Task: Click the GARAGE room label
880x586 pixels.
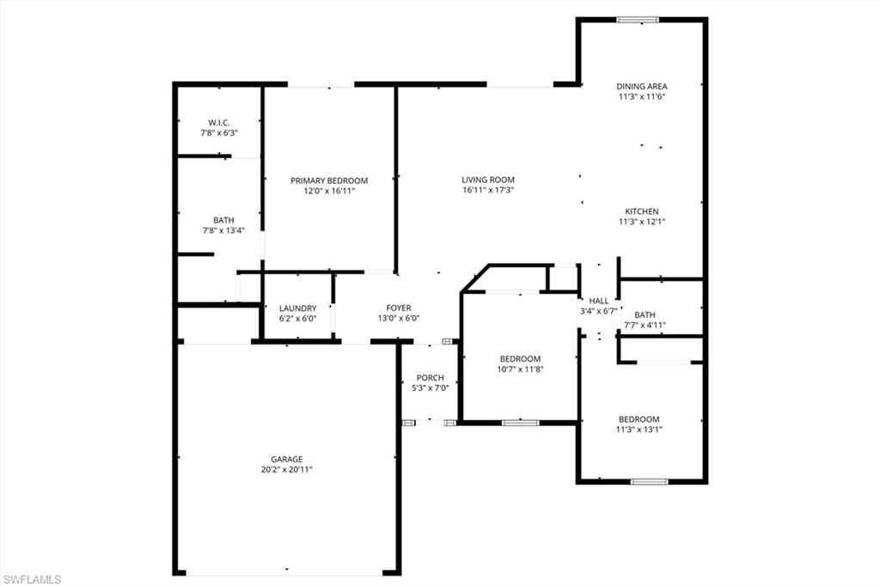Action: coord(288,460)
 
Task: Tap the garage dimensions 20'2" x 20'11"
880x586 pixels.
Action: coord(288,470)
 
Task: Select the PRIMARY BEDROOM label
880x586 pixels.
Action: coord(329,180)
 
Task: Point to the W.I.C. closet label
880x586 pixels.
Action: coord(219,123)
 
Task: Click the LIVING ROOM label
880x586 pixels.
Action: coord(487,180)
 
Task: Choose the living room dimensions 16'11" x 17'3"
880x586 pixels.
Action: coord(487,191)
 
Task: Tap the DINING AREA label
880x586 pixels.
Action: coord(642,86)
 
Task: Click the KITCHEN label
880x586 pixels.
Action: coord(642,211)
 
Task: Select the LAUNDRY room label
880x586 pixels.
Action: coord(298,308)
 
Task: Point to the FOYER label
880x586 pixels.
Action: coord(399,308)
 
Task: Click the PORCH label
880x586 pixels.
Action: coord(430,378)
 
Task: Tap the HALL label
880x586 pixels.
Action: coord(599,301)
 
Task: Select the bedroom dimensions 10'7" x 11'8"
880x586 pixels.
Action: coord(521,369)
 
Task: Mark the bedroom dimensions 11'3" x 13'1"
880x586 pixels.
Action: coord(639,430)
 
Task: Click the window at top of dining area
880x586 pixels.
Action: coord(638,20)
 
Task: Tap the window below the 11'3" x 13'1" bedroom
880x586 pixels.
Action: coord(649,481)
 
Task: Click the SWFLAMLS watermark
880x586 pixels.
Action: coord(32,579)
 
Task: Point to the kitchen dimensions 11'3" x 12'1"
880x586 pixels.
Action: coord(642,222)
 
